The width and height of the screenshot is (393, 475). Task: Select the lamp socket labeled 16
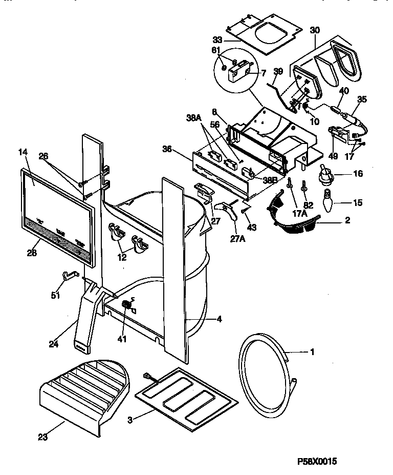coord(324,177)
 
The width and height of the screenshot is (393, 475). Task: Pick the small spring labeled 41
coord(126,306)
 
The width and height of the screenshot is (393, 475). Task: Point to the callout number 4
coord(219,319)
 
